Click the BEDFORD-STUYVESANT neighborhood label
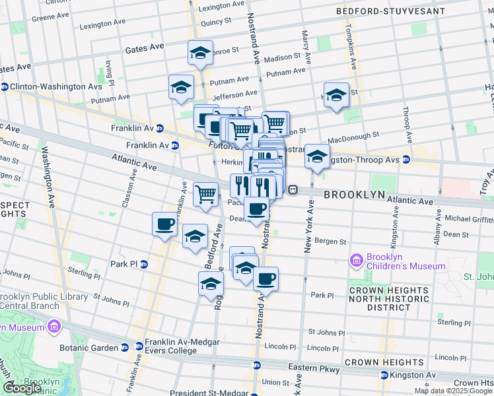point(382,11)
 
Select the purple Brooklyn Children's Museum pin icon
point(357,261)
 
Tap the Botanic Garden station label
point(98,346)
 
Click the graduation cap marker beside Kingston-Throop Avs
point(317,157)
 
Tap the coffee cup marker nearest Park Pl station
point(164,224)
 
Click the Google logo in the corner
point(22,388)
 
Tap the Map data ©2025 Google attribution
point(453,391)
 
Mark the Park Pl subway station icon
point(144,264)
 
